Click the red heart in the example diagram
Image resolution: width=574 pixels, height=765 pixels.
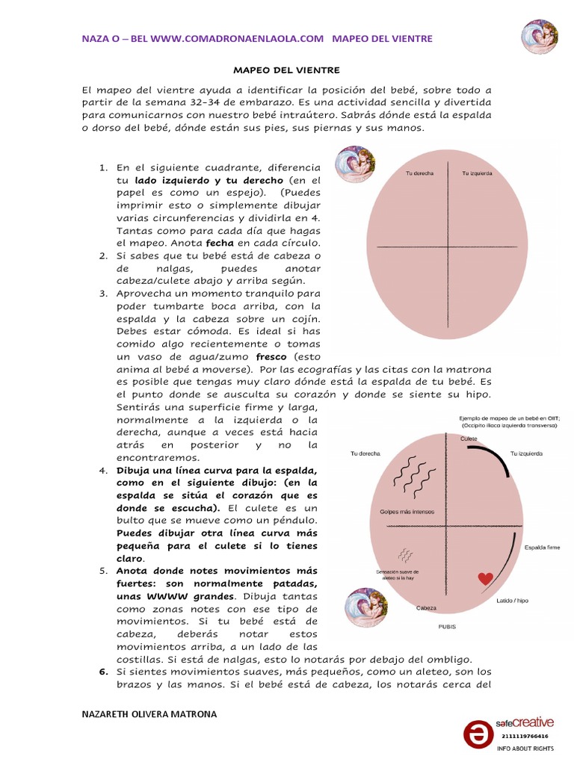pos(486,578)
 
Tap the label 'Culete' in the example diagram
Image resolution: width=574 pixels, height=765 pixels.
pos(469,439)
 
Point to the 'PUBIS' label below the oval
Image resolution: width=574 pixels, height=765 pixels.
pos(447,627)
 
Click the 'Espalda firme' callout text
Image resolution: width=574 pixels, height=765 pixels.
pos(543,547)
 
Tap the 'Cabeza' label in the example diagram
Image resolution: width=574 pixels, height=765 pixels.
pos(426,607)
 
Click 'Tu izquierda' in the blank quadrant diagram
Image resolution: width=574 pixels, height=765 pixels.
pos(477,173)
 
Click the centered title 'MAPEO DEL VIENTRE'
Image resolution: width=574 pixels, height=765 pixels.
pos(287,70)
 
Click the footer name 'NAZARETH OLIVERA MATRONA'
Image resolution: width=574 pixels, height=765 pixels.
pos(149,714)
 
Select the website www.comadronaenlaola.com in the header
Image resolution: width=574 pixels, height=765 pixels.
pos(238,38)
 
